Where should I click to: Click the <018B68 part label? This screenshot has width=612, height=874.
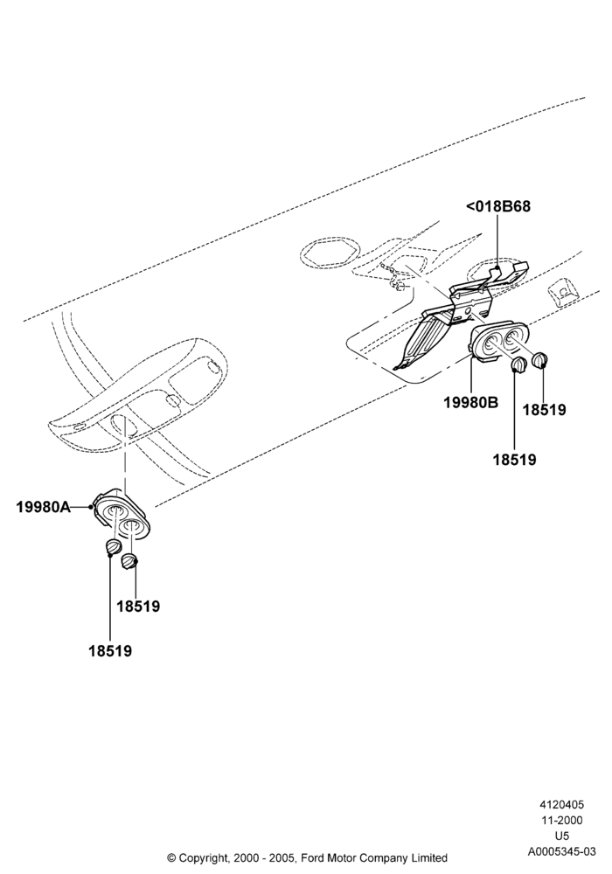coord(497,206)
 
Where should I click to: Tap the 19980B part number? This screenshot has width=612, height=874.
coord(471,402)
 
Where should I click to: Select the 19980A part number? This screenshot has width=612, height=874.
coord(44,507)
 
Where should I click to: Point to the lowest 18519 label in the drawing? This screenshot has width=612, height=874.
coord(110,650)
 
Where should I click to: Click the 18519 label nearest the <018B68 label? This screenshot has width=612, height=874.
coord(544,410)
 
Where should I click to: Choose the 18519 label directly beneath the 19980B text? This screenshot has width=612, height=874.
coord(514,460)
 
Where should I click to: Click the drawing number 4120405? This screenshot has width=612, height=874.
coord(561,805)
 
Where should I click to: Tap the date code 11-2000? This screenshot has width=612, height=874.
coord(561,820)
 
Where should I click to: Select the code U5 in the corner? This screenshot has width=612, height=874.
coord(562,836)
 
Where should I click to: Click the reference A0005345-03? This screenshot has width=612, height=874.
coord(561,851)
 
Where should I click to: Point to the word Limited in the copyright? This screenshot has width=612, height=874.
coord(430,858)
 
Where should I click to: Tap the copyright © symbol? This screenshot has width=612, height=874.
coord(171,858)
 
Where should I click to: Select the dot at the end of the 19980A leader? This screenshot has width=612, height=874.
coord(91,507)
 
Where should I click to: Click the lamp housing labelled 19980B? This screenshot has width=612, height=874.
coord(497,342)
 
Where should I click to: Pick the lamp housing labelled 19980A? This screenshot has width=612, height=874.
coord(121,516)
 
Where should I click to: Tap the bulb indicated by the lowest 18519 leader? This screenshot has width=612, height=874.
coord(113,547)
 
